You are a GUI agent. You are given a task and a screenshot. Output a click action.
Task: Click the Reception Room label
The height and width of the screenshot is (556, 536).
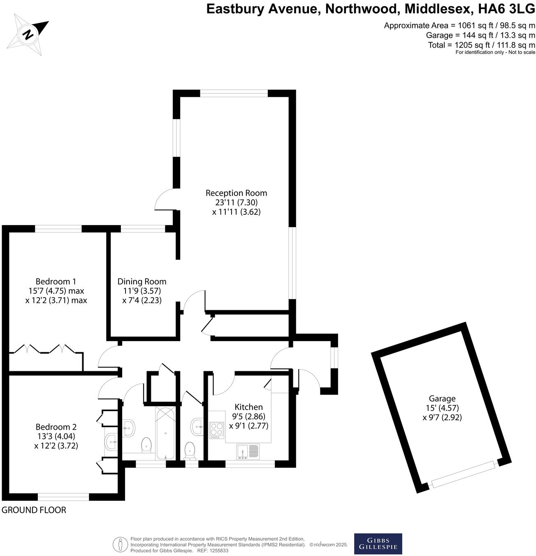click(x=236, y=193)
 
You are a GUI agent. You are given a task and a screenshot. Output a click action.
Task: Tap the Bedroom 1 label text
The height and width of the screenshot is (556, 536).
click(x=56, y=282)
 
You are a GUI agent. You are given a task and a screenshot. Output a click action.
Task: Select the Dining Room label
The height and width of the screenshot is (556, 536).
click(x=142, y=282)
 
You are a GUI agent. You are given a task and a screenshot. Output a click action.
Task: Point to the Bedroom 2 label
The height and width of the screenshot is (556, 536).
click(x=56, y=427)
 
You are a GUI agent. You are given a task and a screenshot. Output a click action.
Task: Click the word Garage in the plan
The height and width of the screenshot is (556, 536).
click(x=442, y=398)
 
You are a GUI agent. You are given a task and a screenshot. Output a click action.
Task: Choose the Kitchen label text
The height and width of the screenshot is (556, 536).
click(x=248, y=407)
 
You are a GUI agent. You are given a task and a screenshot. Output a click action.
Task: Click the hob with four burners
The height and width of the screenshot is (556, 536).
click(x=216, y=430)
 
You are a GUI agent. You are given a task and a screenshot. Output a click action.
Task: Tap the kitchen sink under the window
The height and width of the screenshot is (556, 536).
click(x=248, y=451)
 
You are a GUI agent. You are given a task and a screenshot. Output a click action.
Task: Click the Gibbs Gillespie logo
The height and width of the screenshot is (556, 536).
click(x=378, y=544)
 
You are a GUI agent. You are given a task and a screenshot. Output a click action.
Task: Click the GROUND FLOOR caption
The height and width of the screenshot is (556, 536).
click(x=34, y=510)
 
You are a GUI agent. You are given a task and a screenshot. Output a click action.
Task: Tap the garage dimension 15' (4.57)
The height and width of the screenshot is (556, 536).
click(x=442, y=408)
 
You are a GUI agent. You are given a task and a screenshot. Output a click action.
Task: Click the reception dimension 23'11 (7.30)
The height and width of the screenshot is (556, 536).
click(x=236, y=202)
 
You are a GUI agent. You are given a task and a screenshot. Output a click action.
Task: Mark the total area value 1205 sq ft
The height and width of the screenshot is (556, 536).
click(x=472, y=45)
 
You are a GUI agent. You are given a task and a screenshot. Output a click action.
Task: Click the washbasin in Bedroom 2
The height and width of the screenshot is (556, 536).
click(x=111, y=442)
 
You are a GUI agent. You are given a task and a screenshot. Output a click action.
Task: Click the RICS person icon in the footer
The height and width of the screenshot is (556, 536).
click(x=120, y=544)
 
